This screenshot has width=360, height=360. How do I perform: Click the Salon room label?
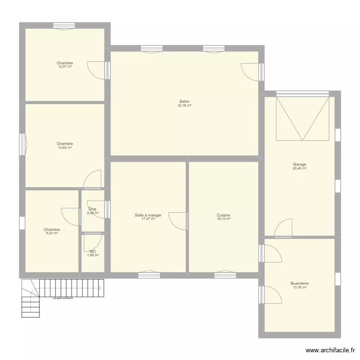point(184,101)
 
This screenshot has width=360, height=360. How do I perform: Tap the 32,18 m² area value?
point(184,106)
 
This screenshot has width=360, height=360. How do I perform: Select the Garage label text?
point(300,164)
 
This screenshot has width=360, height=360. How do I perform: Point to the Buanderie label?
point(300,283)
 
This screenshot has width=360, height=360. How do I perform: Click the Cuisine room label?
point(223,215)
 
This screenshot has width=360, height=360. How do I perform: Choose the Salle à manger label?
point(148,215)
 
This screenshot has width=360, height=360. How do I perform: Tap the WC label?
point(93,251)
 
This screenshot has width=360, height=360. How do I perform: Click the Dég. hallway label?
point(93,209)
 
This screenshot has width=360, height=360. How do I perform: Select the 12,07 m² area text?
point(64,67)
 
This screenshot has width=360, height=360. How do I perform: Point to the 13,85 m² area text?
point(64,148)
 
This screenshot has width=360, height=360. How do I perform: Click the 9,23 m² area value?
point(52,233)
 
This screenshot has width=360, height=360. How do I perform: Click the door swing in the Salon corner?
point(249,72)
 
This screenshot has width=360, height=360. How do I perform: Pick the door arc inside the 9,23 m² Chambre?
point(70,216)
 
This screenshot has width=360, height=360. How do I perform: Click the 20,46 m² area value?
point(300,168)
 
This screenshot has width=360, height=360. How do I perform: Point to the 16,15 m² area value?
point(223,219)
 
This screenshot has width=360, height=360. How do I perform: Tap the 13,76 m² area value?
point(300,288)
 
